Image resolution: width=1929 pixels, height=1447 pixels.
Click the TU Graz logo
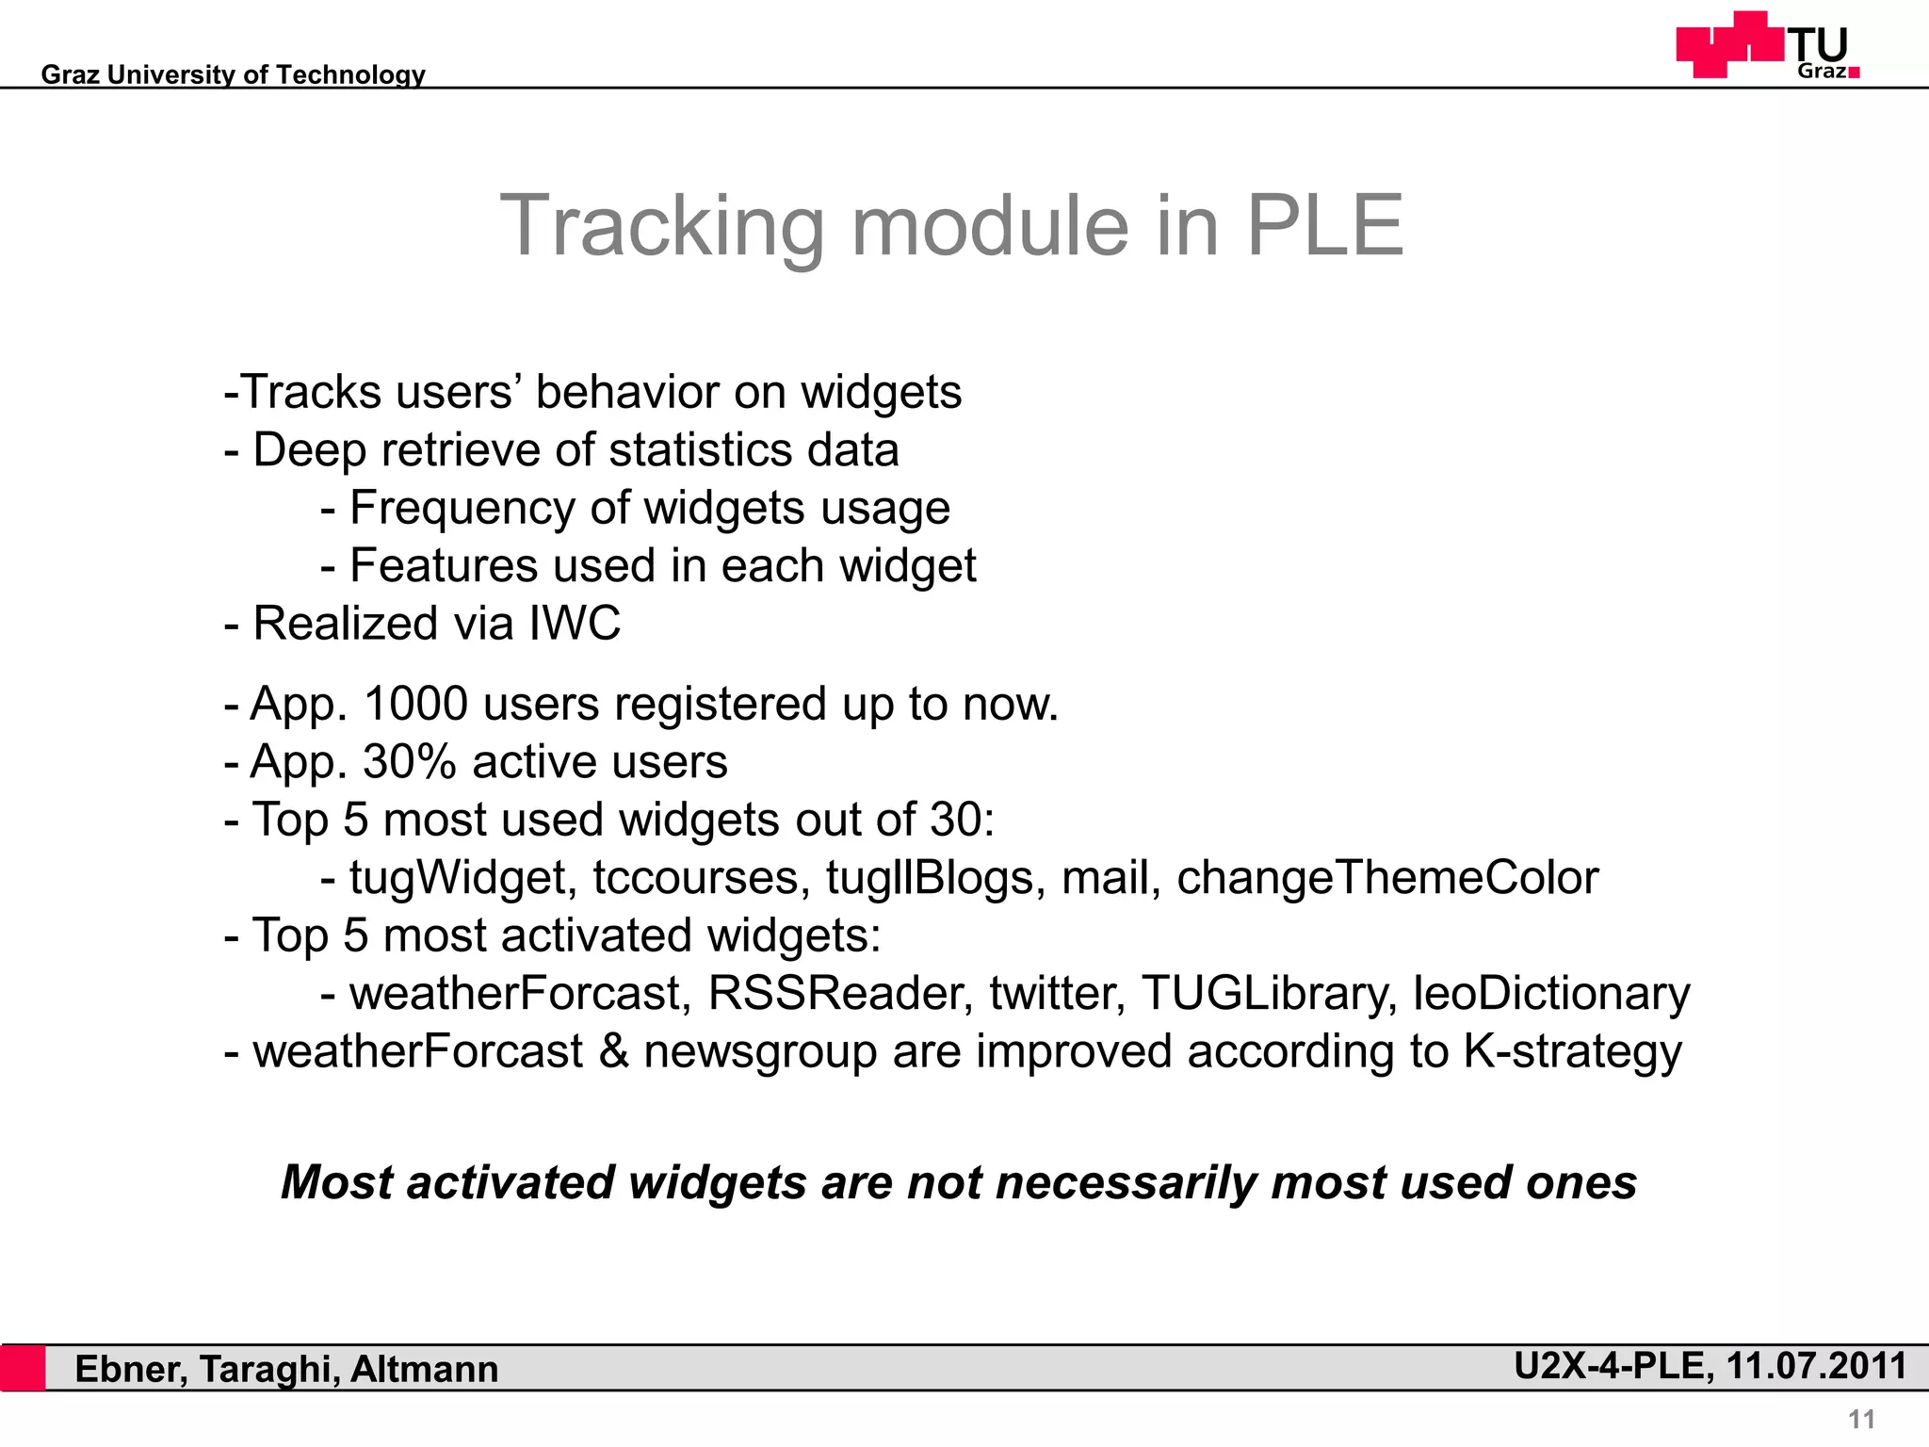1768,44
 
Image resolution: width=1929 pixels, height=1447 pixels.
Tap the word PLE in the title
1324,225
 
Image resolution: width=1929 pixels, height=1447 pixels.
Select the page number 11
1861,1419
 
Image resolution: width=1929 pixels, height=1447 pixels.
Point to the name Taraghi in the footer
268,1370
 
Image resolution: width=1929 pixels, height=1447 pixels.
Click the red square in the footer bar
23,1368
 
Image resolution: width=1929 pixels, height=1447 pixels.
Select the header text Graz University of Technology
233,74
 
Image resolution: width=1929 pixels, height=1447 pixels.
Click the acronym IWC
575,624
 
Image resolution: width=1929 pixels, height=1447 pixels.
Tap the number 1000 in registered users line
415,705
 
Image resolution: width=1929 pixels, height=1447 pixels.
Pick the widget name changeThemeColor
1387,878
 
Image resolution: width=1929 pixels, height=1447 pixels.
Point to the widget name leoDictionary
1551,994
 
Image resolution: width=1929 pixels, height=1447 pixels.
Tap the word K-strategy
1572,1052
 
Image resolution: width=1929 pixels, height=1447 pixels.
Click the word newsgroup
760,1052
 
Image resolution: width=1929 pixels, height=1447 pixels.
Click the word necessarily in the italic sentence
1126,1183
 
